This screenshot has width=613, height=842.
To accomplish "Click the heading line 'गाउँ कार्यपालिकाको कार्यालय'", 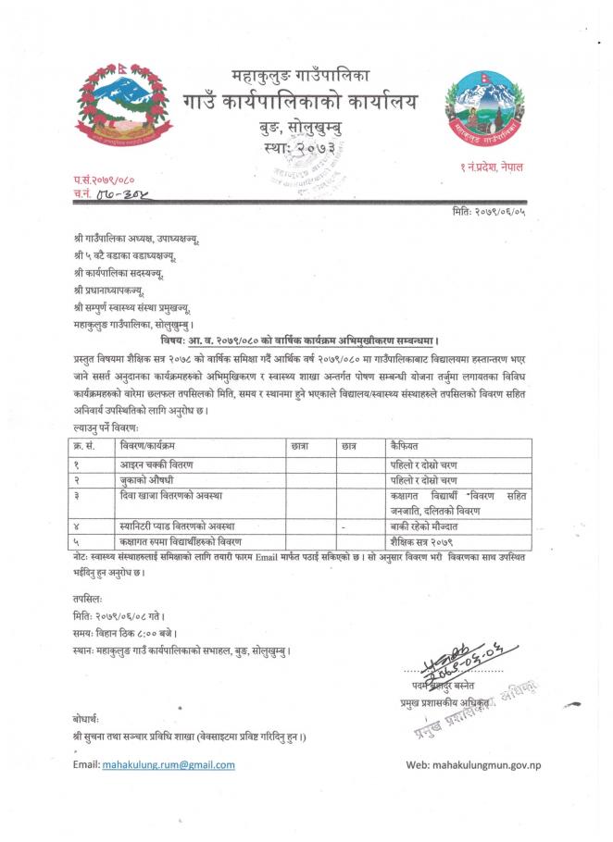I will [x=299, y=102].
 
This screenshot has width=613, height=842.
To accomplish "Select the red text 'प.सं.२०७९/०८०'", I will [x=104, y=178].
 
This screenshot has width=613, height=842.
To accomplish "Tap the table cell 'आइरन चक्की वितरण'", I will [x=158, y=464].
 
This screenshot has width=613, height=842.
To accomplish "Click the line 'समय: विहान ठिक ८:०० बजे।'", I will [x=126, y=633].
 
